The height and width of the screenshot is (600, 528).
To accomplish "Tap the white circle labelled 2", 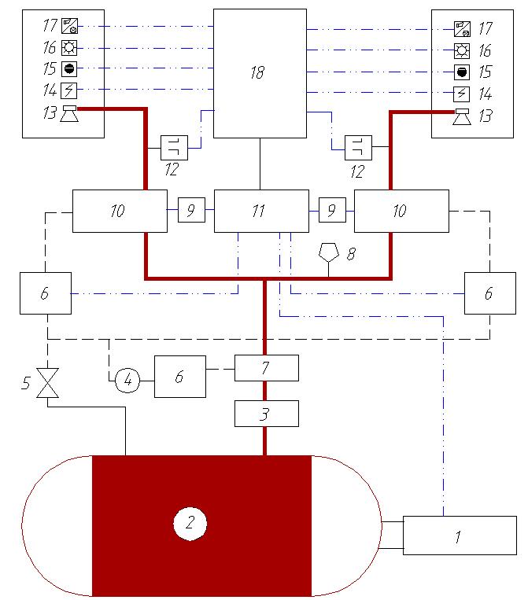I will coord(189,522).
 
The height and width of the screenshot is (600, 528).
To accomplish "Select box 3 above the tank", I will coord(267,413).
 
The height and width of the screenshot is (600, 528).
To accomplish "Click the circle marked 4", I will coord(127,381).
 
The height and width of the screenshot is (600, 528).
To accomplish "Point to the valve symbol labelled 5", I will coord(48,385).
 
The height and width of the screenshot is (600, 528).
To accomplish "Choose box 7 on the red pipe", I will coord(267,367).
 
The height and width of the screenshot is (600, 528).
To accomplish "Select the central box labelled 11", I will coord(261,211).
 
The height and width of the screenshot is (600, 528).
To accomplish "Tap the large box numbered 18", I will coord(260,73).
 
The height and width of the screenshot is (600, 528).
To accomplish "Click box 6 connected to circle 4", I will coord(179,376).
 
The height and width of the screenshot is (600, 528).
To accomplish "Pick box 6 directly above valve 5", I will coord(46,293).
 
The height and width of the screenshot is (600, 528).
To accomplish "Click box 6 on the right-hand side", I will coord(489,293).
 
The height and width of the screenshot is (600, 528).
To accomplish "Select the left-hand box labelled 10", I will coord(120,211).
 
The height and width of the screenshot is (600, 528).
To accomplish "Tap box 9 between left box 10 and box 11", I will coord(191,211).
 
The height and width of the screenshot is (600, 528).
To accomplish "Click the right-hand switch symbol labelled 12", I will coord(358,147).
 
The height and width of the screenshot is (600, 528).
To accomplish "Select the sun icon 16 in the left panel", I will coord(68,47).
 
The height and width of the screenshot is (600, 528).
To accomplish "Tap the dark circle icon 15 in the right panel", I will coord(462,72).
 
